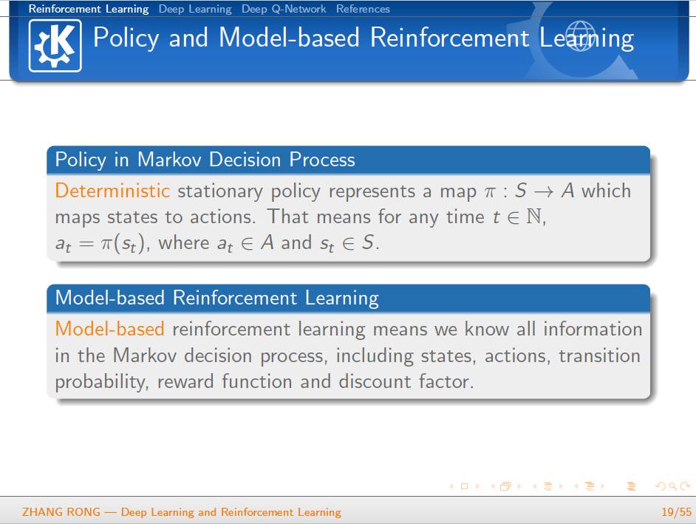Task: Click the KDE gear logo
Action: click(55, 45)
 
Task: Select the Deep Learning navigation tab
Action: click(195, 9)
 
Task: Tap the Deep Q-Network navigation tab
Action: click(284, 9)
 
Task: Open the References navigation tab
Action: click(363, 9)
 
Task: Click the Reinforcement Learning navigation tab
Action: click(89, 9)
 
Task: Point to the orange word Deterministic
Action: click(112, 191)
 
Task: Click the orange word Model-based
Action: click(109, 329)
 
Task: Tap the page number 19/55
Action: click(676, 512)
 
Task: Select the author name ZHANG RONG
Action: click(61, 512)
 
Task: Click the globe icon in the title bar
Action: click(580, 36)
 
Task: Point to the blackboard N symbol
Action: click(533, 217)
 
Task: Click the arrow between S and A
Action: click(544, 191)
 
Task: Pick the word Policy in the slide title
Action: click(126, 38)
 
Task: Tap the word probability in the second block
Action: click(102, 382)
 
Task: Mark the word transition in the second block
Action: click(599, 355)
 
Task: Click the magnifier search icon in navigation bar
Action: click(672, 487)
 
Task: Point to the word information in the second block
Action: click(593, 329)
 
